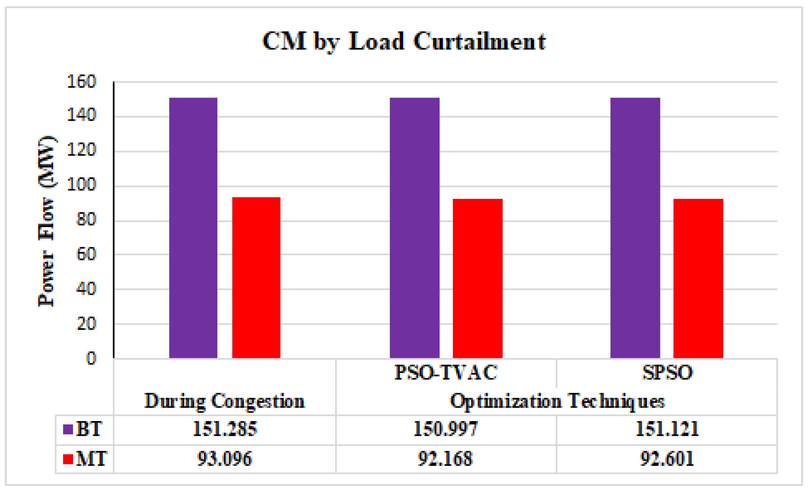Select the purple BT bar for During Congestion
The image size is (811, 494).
(193, 228)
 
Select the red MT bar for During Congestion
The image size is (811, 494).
(256, 278)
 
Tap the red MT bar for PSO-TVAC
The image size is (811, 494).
(478, 278)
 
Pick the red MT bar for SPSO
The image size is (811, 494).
(698, 278)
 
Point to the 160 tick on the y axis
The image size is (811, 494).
(81, 82)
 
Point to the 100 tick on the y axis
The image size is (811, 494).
(81, 185)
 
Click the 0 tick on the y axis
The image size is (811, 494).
(91, 358)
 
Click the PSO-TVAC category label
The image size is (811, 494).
(446, 372)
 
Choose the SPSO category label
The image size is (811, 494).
(667, 372)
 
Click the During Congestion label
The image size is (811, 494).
(225, 401)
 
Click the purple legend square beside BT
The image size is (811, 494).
(68, 429)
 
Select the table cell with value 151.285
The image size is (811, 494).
(225, 429)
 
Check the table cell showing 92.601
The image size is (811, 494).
(667, 459)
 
